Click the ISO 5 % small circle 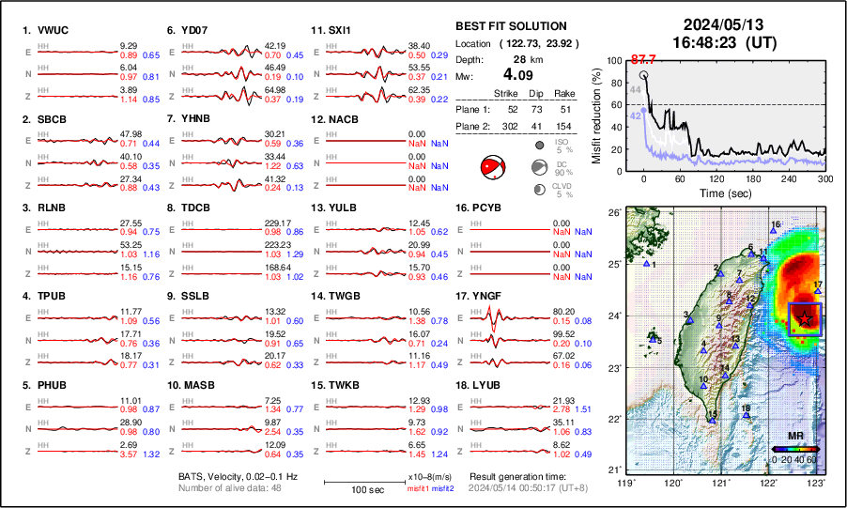click(x=541, y=146)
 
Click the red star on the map click(x=805, y=320)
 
